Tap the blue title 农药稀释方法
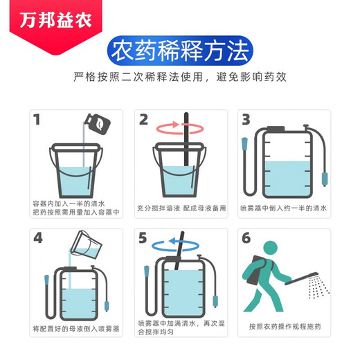(180, 51)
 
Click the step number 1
(37, 120)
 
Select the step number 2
(143, 120)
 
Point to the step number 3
(246, 120)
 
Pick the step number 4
(38, 237)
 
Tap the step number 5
(143, 237)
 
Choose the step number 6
(246, 237)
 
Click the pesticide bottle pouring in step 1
(98, 124)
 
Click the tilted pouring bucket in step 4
(86, 244)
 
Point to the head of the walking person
(270, 248)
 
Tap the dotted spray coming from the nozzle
(318, 286)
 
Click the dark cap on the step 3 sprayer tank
(276, 129)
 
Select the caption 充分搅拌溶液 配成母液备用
(181, 208)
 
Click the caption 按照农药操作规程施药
(285, 327)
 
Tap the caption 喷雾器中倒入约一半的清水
(284, 208)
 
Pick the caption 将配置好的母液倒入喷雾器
(76, 329)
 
